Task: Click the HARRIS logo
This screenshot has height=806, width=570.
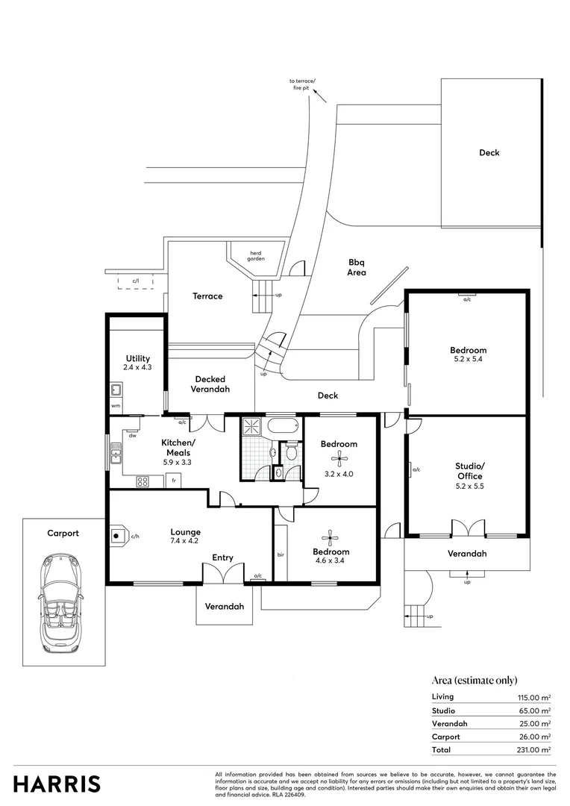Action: point(57,784)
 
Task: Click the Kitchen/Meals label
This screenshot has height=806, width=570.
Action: point(177,447)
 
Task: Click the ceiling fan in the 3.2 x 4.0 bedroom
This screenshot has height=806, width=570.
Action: point(339,458)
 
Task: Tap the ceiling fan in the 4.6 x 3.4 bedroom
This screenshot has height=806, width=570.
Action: point(329,536)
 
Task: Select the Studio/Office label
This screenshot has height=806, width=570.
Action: point(469,471)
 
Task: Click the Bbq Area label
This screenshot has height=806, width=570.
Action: point(357,267)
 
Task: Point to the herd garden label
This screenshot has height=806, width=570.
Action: point(257,255)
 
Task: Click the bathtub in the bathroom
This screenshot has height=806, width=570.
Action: point(283,428)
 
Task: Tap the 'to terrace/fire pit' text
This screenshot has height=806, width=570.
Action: point(304,84)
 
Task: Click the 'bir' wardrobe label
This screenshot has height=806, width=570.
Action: point(281,555)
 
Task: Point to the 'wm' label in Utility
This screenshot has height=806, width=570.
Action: point(115,406)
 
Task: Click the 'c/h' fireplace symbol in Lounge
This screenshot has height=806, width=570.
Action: point(118,535)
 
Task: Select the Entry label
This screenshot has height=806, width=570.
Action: point(222,557)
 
